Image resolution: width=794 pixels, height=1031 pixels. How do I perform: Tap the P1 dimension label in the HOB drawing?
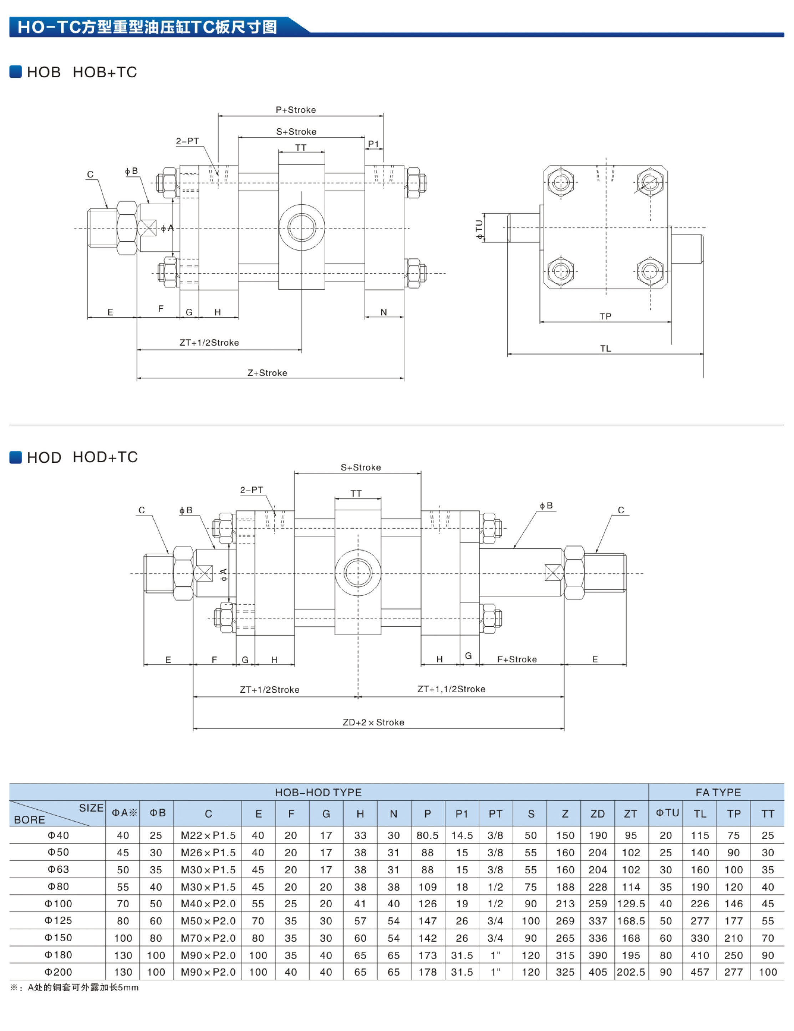click(x=373, y=144)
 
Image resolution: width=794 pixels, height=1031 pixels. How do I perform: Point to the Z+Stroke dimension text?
click(x=268, y=373)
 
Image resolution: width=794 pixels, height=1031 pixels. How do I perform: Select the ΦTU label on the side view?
click(x=480, y=229)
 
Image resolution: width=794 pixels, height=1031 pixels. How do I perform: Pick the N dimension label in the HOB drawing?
click(x=383, y=312)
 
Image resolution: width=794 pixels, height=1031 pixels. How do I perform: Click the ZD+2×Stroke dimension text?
click(x=373, y=722)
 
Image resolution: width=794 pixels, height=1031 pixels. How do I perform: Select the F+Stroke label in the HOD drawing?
click(x=517, y=660)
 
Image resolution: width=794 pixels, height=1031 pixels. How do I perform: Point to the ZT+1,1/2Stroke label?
click(x=451, y=689)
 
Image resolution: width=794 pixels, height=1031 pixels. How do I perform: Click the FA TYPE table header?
click(x=718, y=792)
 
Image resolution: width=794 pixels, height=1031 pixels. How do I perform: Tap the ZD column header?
click(x=597, y=814)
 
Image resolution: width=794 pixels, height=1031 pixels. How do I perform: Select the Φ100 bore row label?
click(x=58, y=903)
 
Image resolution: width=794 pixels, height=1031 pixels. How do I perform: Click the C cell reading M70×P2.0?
click(x=208, y=938)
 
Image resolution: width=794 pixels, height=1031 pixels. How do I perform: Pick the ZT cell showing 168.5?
click(x=631, y=921)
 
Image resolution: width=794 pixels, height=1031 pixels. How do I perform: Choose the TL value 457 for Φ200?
click(x=699, y=972)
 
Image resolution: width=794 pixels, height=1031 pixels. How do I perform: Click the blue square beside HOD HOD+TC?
click(x=16, y=457)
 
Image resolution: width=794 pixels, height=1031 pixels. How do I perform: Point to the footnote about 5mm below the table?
click(x=75, y=988)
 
